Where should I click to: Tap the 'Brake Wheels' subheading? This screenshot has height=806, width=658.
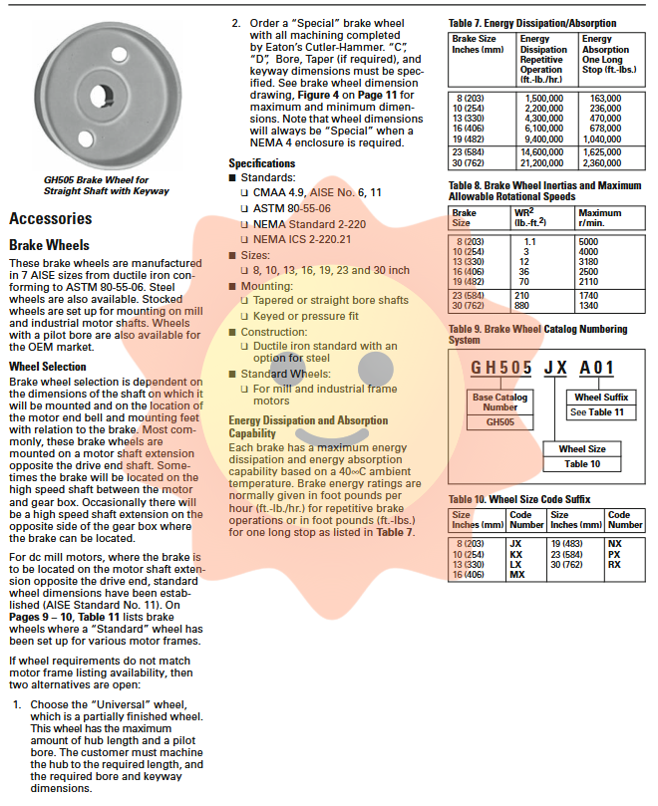click(49, 245)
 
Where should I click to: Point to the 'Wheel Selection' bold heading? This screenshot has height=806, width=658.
click(48, 367)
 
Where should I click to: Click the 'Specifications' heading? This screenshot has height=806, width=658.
click(262, 163)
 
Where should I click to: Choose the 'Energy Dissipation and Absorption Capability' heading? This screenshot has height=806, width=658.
click(308, 426)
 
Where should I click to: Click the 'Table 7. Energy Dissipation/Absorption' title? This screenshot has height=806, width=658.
click(532, 23)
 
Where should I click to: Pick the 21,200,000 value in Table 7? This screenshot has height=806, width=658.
click(542, 162)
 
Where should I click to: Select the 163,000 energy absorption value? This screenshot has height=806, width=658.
click(605, 99)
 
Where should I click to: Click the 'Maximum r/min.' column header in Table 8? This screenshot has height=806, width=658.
click(600, 217)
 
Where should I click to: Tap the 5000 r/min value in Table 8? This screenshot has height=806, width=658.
click(589, 241)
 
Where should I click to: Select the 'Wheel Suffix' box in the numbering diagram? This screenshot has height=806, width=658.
click(601, 398)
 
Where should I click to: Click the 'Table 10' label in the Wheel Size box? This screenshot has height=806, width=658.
click(582, 463)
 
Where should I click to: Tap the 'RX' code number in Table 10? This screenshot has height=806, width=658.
click(614, 565)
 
